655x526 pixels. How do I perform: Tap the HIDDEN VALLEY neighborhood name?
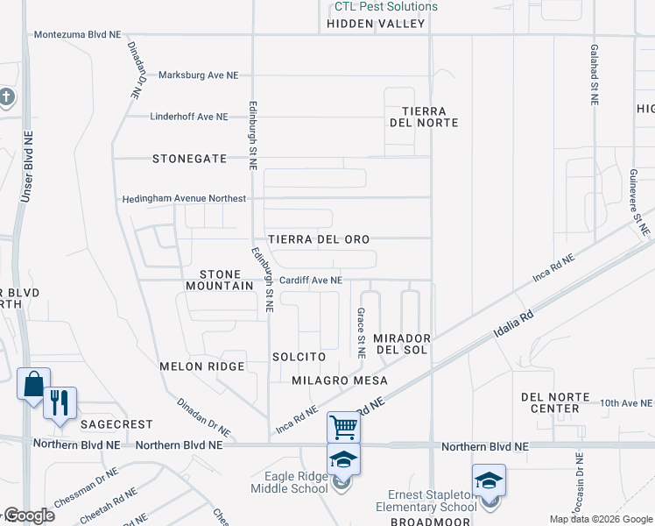[376, 24]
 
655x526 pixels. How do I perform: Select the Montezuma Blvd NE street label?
[77, 35]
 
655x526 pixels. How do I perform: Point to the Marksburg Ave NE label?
[198, 75]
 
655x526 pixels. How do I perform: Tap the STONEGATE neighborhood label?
[189, 159]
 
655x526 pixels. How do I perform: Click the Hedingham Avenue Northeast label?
[185, 199]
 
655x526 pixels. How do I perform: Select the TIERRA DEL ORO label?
[319, 239]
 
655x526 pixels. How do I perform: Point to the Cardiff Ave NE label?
[310, 281]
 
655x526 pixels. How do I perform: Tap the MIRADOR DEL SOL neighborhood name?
[401, 344]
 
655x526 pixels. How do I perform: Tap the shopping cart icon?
[344, 428]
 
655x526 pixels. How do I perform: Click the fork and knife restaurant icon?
[60, 402]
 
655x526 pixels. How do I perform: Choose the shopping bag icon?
[33, 384]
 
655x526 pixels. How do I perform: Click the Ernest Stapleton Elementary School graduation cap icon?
[489, 480]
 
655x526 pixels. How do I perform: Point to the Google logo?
[28, 515]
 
